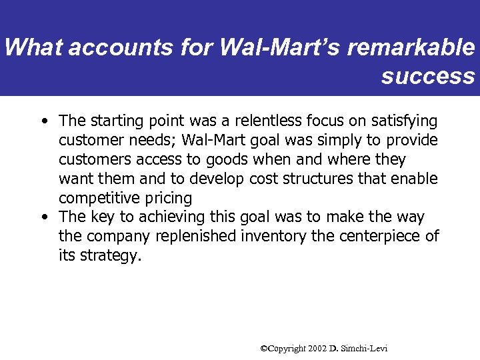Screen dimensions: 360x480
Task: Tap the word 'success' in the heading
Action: [x=427, y=75]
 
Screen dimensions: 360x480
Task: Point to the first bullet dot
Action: [x=43, y=121]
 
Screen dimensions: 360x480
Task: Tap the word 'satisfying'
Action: [x=406, y=121]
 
